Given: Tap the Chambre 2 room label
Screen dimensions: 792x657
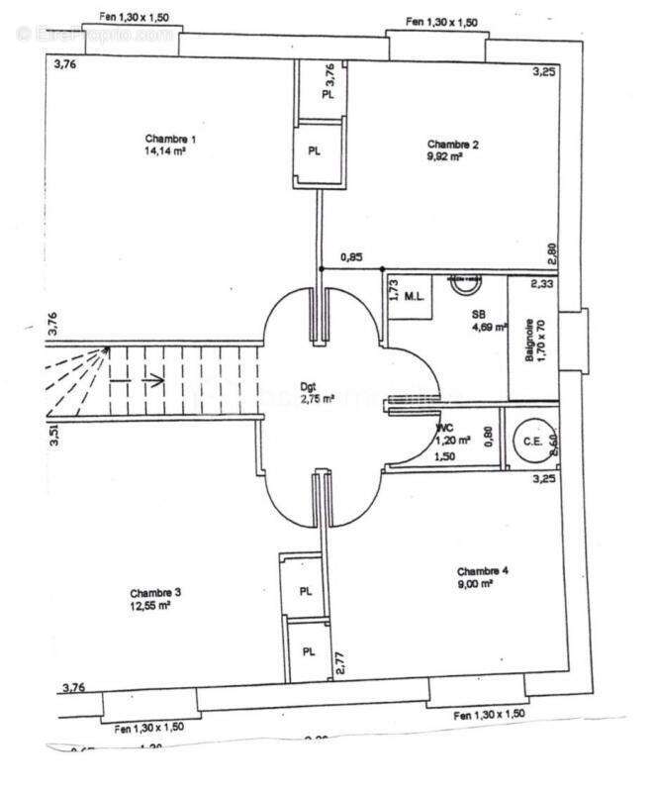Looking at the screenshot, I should [453, 145].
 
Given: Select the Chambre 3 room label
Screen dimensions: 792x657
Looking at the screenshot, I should [155, 592].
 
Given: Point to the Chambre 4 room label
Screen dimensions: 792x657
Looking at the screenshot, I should [483, 571].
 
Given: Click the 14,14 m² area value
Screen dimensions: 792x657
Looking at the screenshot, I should [167, 152].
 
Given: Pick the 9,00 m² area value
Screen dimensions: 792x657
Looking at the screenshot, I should [475, 584].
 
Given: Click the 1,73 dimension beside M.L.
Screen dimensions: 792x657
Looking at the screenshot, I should [393, 290].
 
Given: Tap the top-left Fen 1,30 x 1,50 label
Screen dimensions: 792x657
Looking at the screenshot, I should [136, 18].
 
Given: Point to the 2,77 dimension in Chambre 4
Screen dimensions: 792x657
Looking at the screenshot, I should [339, 662].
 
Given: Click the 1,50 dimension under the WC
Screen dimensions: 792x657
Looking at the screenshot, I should [446, 457].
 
